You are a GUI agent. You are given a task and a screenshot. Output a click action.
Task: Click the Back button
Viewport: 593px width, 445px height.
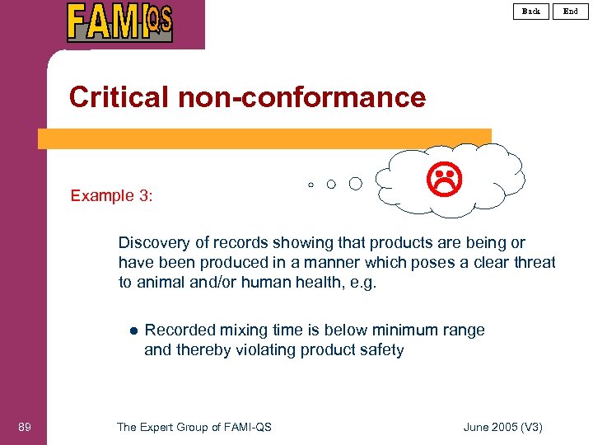[x=531, y=11]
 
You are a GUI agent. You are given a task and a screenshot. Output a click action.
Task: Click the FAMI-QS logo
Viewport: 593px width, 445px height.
[x=119, y=22]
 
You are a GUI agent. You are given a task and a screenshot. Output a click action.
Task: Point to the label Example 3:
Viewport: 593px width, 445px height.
[x=112, y=196]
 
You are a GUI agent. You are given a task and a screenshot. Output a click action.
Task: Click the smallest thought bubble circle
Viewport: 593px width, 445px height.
[x=311, y=185]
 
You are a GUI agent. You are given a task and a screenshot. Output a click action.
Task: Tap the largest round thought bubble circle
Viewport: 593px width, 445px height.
[x=355, y=183]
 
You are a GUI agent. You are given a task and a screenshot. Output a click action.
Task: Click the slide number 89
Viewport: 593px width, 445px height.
[x=25, y=427]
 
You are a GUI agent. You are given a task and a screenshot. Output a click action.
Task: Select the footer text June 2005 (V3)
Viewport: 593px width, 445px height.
[x=503, y=427]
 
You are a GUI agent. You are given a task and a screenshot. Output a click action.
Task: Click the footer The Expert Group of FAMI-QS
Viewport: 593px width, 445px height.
[x=194, y=427]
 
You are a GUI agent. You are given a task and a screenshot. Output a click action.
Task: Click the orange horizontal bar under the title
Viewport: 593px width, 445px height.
[x=264, y=138]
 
